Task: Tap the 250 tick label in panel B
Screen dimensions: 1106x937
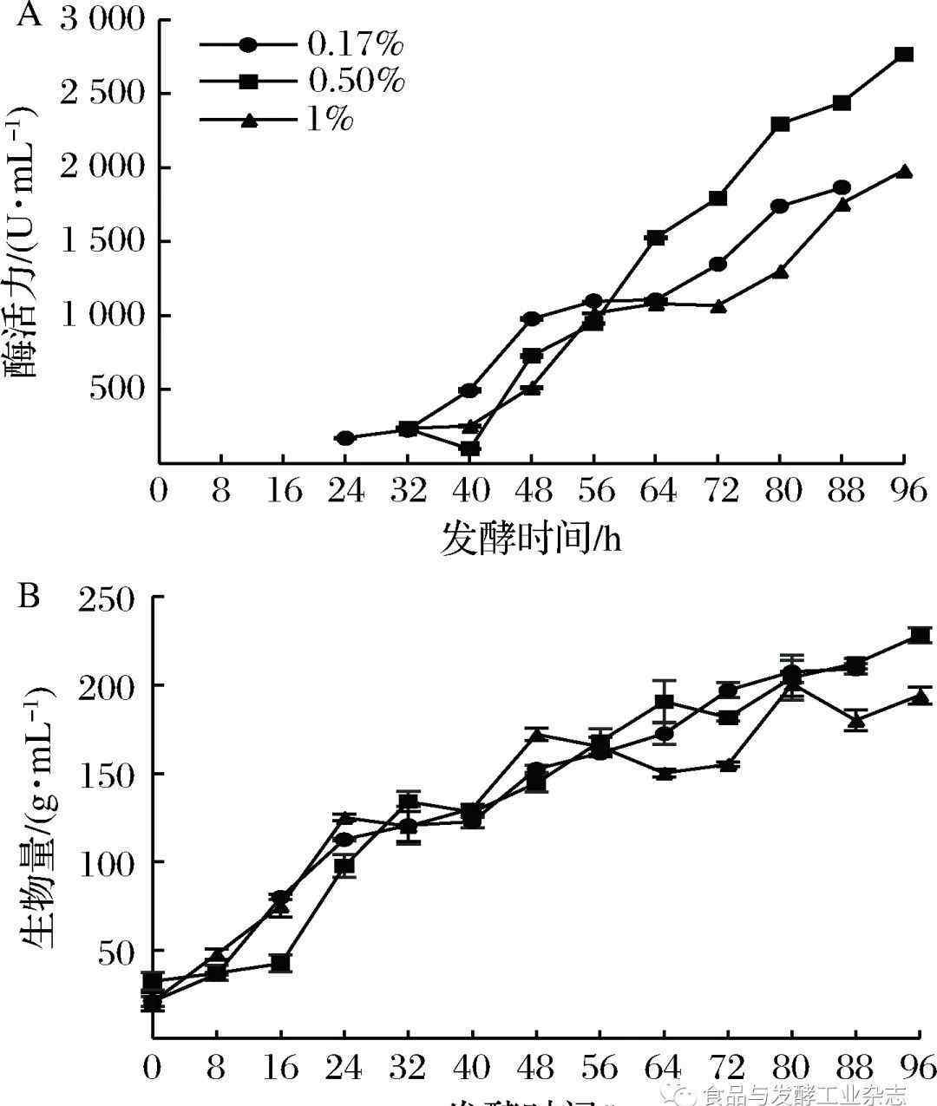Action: pos(108,599)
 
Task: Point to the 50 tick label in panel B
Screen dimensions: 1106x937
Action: pos(116,952)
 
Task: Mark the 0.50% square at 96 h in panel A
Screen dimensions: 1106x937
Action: pos(904,54)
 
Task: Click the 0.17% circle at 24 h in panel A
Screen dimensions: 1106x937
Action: pos(345,438)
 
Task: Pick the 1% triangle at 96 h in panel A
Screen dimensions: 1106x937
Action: pos(904,171)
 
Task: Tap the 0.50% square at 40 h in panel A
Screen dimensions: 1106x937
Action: pos(470,448)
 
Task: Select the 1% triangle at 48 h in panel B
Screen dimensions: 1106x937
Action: pos(537,735)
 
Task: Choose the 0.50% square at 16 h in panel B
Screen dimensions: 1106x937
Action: pos(280,963)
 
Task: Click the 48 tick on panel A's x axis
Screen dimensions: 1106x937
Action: pos(532,492)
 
